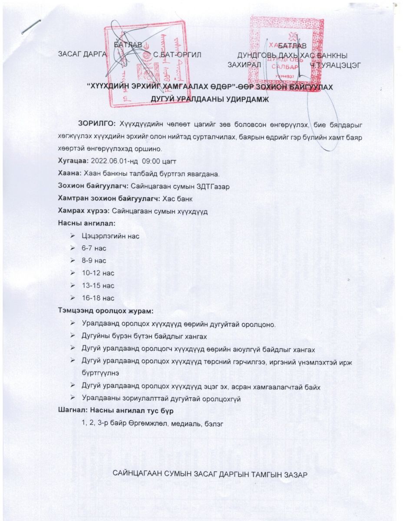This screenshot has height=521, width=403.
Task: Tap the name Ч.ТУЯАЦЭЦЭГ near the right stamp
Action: [x=335, y=65]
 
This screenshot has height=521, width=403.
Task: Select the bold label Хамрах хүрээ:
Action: [x=83, y=211]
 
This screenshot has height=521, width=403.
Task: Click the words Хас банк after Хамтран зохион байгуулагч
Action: [x=177, y=199]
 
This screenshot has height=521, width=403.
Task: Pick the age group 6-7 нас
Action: [x=94, y=249]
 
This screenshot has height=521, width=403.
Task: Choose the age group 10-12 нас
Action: [x=98, y=274]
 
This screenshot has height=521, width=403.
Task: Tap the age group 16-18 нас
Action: [x=98, y=298]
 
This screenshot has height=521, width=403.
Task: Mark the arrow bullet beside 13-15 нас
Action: [x=73, y=286]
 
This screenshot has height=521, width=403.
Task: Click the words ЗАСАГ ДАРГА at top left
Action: [x=82, y=55]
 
